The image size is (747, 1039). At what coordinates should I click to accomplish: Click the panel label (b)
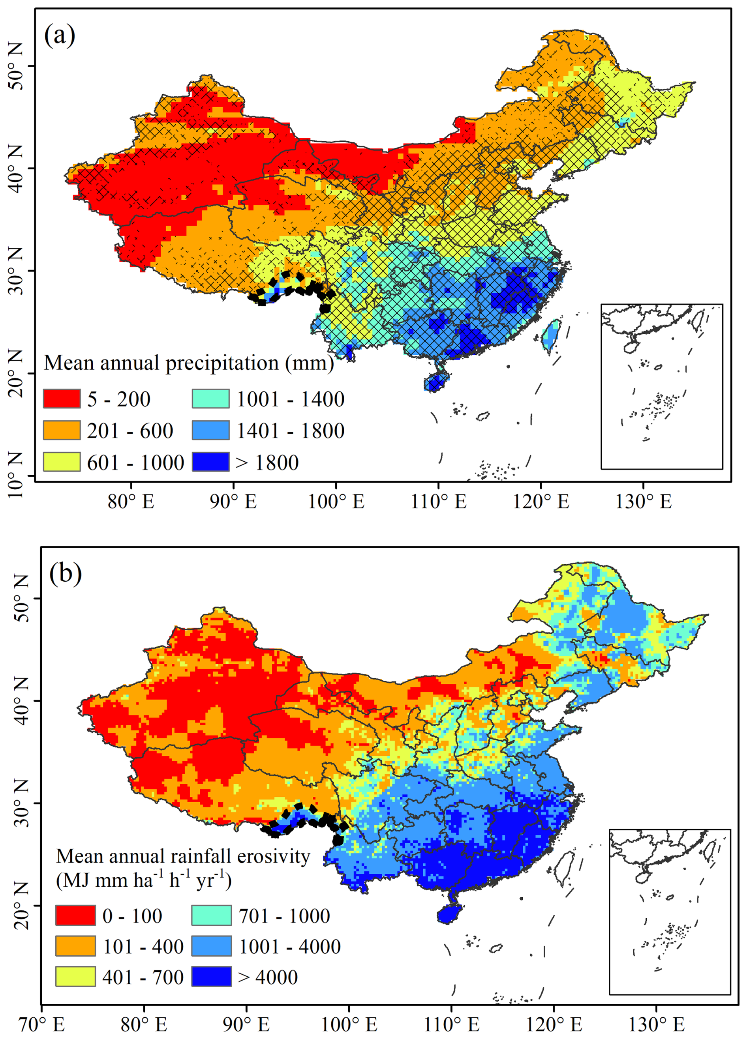[66, 573]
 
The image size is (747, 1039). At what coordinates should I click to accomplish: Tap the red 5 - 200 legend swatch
[62, 399]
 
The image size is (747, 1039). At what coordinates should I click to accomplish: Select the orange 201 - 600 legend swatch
[62, 430]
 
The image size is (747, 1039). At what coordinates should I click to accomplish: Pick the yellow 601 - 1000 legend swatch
[62, 462]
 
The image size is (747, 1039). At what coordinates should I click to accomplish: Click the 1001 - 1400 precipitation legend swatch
[211, 399]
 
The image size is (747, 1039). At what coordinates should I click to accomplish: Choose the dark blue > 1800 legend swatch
[211, 462]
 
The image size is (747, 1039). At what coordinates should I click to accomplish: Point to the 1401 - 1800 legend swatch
[211, 430]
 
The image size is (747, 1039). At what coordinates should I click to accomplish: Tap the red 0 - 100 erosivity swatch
[76, 916]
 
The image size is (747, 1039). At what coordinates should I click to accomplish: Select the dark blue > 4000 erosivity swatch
[211, 977]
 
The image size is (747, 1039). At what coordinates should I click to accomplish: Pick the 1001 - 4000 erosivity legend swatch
[211, 946]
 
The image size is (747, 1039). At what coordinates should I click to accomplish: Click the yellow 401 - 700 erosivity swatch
[76, 977]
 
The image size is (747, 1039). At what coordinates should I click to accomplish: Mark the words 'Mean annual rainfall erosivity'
[183, 856]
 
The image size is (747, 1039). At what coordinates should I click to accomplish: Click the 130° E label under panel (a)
[644, 502]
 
